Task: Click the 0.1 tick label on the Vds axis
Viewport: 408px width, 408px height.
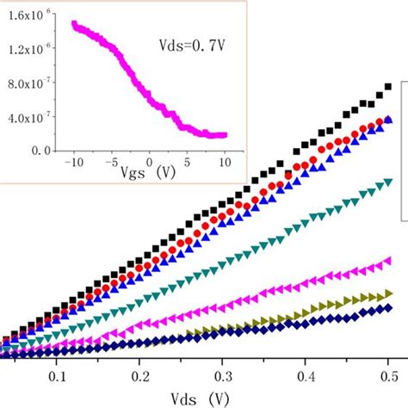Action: coord(56,376)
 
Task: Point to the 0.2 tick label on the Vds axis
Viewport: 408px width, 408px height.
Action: coord(140,376)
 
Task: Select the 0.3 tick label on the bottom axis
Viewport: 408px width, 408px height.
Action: coord(223,376)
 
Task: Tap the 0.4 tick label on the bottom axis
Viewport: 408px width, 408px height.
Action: coord(306,376)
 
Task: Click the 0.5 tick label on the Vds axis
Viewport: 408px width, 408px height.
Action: coord(388,376)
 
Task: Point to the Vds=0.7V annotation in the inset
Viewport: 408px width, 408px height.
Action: coord(195,42)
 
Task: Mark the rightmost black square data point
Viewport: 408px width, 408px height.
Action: coord(388,86)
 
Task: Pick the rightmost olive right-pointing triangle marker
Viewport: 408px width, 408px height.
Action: coord(388,294)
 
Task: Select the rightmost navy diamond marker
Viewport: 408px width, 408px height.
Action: coord(388,307)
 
